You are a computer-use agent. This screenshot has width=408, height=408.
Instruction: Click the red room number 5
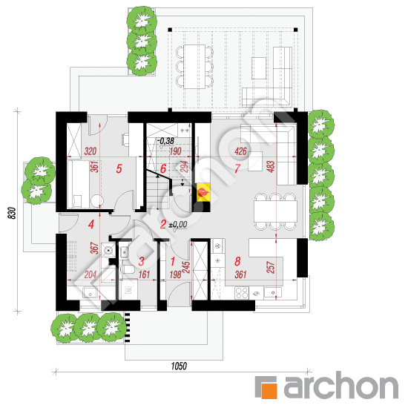coord(119,168)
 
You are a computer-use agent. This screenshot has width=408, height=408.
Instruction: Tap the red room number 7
coord(237,168)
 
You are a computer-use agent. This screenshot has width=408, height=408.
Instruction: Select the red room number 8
coord(237,261)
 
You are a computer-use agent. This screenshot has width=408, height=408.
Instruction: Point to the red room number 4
coord(91,224)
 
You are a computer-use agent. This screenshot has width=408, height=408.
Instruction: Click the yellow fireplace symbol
coord(203,192)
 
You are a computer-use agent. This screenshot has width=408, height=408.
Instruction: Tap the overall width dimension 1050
coord(179,366)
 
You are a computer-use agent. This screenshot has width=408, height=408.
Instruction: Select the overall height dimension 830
coord(12,213)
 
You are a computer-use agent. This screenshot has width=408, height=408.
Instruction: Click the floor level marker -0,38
coord(165,141)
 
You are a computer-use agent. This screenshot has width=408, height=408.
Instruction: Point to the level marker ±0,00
coord(178,224)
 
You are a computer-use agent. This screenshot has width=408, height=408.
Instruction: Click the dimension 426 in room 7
coord(240,151)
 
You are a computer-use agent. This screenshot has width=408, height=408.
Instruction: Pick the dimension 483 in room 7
coord(271,167)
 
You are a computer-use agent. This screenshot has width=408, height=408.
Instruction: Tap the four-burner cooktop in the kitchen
coord(242,293)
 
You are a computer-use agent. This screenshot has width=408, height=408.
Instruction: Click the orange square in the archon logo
coord(269,390)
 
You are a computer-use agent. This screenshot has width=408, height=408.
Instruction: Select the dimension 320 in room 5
coord(90,151)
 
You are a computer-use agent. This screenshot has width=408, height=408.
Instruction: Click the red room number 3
coord(141,261)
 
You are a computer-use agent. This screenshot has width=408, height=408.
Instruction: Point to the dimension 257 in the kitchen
coord(271,267)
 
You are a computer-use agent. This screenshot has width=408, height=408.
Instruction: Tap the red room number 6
coord(163,168)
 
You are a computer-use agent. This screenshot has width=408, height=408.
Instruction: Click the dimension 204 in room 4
coord(90,274)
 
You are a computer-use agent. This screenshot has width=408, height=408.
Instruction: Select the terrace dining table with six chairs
coord(194,67)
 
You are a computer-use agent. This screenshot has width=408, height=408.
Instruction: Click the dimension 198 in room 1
coord(175,274)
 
